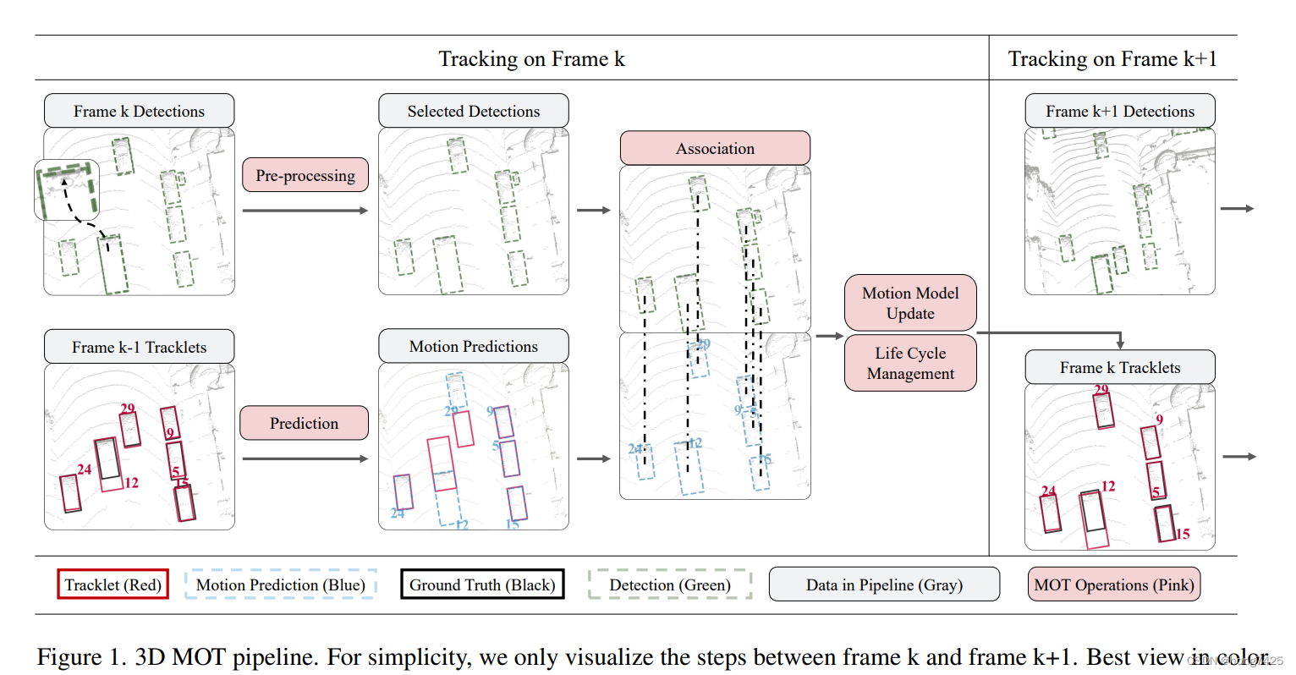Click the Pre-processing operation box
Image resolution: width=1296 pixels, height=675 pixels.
coord(305,175)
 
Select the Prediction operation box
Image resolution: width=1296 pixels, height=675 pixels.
coord(304,423)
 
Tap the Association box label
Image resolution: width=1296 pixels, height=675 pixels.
coord(715,148)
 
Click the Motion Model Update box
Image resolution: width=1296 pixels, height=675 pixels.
coord(910,303)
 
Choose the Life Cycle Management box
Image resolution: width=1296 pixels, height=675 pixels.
coord(910,363)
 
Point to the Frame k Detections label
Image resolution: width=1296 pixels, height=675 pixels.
coord(139,111)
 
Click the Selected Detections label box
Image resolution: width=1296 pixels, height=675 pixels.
coord(473,111)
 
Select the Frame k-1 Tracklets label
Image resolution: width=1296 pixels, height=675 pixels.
coord(139,347)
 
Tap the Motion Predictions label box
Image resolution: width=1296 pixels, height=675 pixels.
coord(473,346)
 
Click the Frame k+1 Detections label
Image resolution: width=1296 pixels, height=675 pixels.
coord(1119,111)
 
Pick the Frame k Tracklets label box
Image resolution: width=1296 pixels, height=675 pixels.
coord(1119,367)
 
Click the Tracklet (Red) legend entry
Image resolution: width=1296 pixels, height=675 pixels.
coord(113,584)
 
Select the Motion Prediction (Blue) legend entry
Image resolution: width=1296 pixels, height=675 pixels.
coord(280,584)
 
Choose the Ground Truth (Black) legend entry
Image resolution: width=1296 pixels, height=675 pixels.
coord(482,584)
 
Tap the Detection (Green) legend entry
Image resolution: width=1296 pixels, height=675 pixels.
coord(669,584)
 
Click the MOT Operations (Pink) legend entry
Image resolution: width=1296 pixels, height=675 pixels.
coord(1113,584)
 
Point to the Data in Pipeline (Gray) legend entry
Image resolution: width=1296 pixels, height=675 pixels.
coord(884,584)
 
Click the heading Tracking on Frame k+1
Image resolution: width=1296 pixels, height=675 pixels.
coord(1112,59)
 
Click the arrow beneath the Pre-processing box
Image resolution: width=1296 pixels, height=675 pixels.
coord(305,210)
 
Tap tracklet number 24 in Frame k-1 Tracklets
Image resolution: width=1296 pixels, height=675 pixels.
coord(84,469)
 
